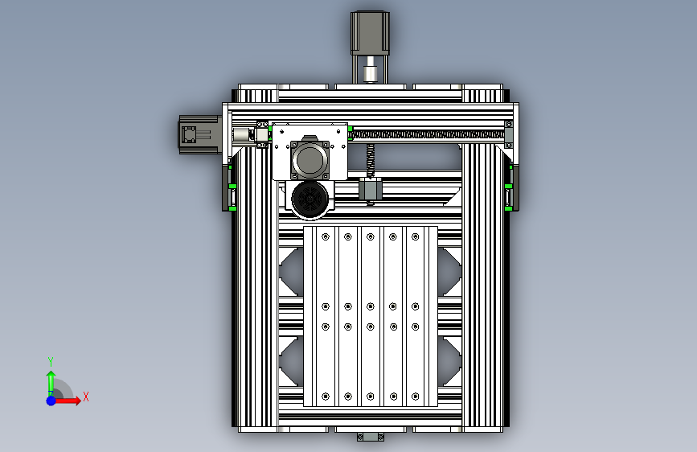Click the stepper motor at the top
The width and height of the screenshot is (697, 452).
click(x=370, y=33)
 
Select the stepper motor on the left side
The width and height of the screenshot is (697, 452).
click(x=200, y=135)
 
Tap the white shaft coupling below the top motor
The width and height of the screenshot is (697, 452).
click(x=370, y=74)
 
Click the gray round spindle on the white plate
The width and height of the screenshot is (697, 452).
click(x=310, y=160)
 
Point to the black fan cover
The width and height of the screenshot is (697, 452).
click(x=310, y=199)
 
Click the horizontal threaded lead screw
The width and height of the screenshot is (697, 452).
click(x=428, y=134)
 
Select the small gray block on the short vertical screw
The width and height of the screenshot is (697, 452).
click(x=371, y=189)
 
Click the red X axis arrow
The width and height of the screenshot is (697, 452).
click(x=67, y=401)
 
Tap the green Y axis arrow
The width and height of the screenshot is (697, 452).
click(x=51, y=383)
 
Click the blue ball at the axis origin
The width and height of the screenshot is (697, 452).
click(x=51, y=401)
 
